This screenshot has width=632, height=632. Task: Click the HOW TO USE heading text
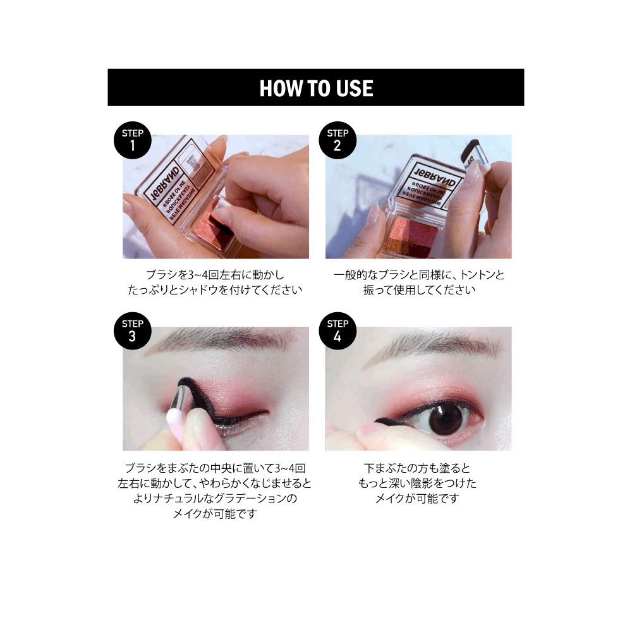tap(316, 88)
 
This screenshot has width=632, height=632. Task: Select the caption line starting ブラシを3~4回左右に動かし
tap(216, 275)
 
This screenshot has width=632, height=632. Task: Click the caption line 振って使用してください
tap(418, 290)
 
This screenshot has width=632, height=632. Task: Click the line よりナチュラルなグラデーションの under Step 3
tap(216, 498)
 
